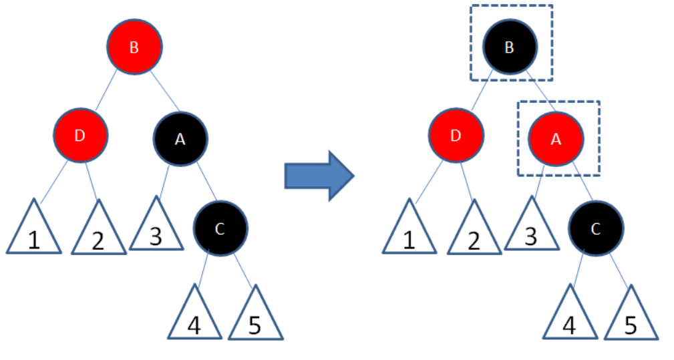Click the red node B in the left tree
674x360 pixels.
(x=134, y=47)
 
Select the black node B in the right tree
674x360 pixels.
(x=510, y=47)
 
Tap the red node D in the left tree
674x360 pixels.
(x=80, y=136)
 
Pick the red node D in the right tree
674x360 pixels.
(x=456, y=136)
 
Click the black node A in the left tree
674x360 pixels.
(x=180, y=138)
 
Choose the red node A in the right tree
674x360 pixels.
(x=556, y=138)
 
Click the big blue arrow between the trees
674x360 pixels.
(x=319, y=176)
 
